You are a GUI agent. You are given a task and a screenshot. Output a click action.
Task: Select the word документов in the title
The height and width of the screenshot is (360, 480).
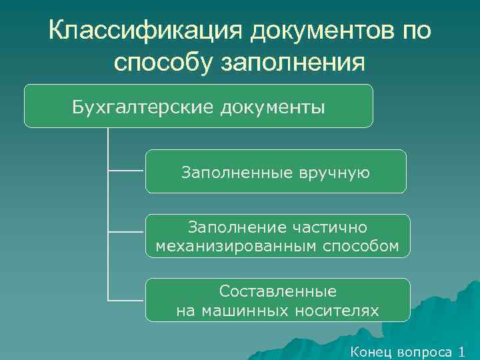tap(319, 30)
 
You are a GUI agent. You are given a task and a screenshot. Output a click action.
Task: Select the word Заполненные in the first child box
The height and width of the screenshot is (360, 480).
tap(235, 173)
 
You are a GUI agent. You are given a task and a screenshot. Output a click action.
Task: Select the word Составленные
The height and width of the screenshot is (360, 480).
tap(277, 292)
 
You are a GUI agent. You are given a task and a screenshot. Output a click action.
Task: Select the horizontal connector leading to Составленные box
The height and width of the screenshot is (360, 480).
tap(125, 299)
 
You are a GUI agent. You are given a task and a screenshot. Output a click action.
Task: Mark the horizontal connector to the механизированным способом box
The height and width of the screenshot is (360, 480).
tap(125, 232)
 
